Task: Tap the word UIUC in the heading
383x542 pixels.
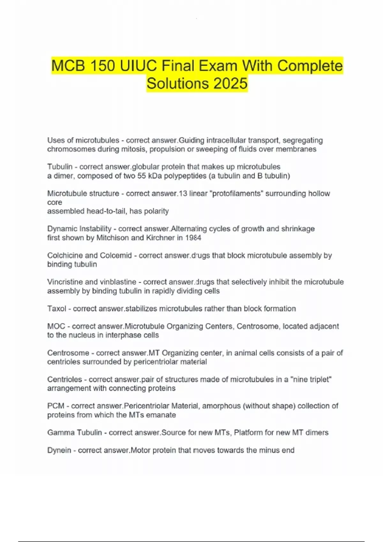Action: tap(139, 66)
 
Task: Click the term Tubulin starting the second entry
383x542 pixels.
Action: tap(60, 167)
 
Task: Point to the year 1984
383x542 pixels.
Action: tap(193, 238)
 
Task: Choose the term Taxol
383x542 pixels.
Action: tap(57, 309)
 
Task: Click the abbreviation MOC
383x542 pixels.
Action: tap(56, 326)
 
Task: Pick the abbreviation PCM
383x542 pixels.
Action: tap(56, 406)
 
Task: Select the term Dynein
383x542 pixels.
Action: tap(59, 450)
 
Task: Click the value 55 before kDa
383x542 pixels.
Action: tap(142, 176)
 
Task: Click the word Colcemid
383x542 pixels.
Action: tap(116, 255)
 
